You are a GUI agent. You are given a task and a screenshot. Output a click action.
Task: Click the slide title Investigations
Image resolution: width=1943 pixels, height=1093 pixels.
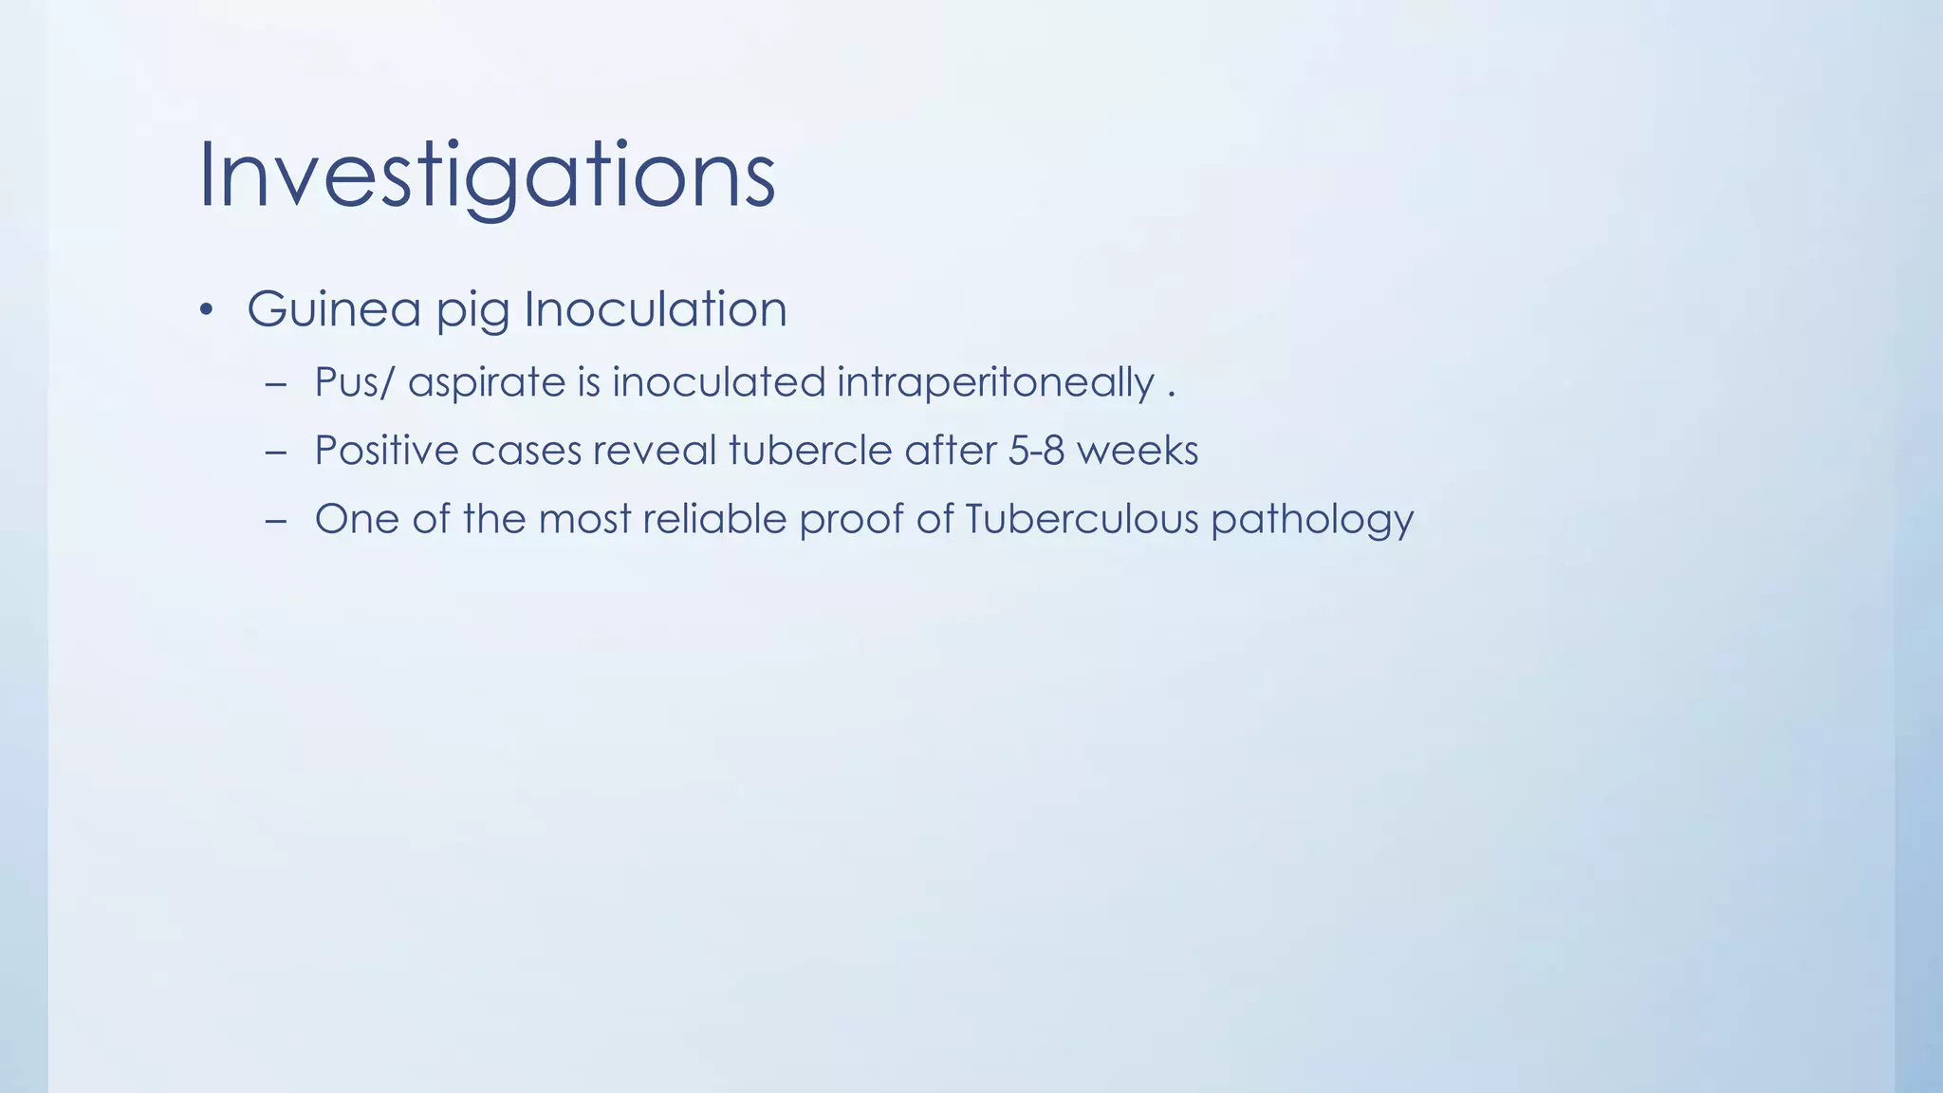pyautogui.click(x=487, y=176)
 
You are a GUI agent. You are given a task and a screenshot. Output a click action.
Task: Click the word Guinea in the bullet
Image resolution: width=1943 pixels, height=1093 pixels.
pyautogui.click(x=334, y=309)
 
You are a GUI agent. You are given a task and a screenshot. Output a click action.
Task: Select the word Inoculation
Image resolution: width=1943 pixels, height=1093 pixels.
pyautogui.click(x=656, y=309)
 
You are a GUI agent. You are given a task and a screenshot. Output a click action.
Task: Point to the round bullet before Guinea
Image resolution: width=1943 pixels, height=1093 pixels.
pyautogui.click(x=207, y=312)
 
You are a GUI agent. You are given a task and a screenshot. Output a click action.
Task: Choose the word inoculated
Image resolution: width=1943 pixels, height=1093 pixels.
pyautogui.click(x=718, y=382)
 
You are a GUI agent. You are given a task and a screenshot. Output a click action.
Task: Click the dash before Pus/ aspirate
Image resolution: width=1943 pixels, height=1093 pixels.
pyautogui.click(x=276, y=385)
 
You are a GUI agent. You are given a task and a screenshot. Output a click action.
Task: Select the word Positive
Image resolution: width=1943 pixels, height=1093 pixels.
pyautogui.click(x=386, y=451)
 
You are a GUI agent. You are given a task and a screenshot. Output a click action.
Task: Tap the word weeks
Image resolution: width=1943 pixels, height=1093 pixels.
pyautogui.click(x=1138, y=451)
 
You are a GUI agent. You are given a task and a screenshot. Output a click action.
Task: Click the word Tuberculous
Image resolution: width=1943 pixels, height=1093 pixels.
pyautogui.click(x=1082, y=519)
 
